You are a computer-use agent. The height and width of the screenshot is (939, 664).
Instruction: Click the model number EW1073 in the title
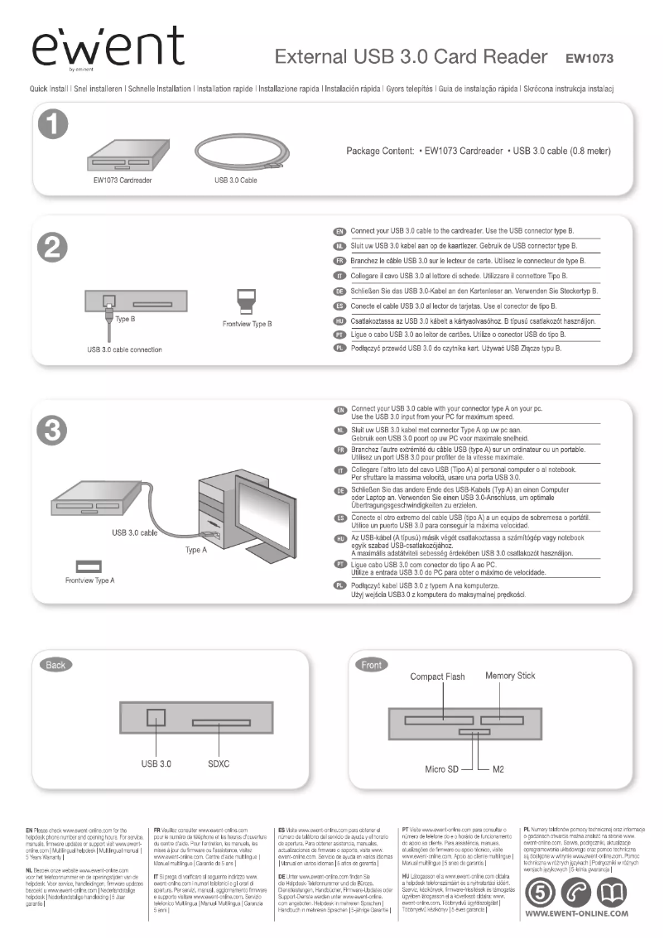coord(589,59)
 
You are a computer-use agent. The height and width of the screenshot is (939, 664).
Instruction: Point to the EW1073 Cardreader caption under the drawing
coord(122,180)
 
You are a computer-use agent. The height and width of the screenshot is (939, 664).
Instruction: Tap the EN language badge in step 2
coord(338,231)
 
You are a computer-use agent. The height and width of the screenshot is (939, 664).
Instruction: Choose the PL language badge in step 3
coord(338,586)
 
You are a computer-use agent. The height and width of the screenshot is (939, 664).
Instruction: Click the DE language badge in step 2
coord(338,291)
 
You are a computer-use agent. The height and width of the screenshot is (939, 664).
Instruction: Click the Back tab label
coord(55,665)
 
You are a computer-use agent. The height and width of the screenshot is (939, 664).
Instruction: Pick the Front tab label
coord(372,665)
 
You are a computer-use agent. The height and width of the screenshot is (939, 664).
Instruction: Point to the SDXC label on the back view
coord(218,763)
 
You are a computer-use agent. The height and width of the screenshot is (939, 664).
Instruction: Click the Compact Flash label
coord(437,677)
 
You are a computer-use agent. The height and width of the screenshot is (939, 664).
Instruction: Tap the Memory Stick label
coord(510,676)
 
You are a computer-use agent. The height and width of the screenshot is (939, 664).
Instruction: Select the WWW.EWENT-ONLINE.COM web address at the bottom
coord(577,913)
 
